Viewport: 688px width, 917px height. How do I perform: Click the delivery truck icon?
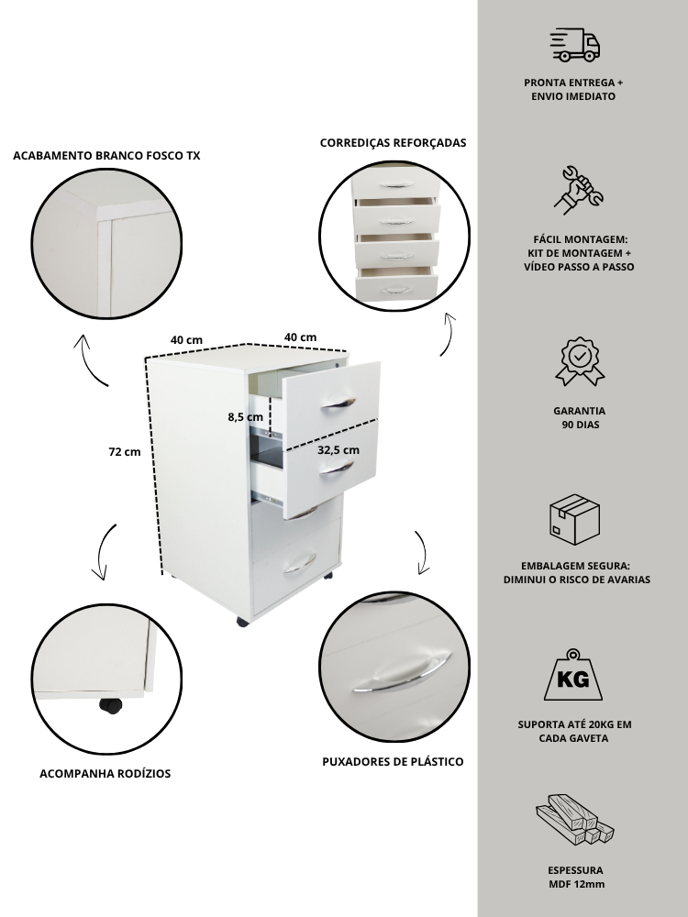point(574,44)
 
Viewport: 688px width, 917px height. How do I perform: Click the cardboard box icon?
point(574,520)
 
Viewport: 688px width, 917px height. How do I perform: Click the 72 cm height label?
point(125,452)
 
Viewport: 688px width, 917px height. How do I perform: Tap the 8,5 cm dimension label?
point(246,417)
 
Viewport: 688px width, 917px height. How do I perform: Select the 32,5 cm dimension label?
point(338,450)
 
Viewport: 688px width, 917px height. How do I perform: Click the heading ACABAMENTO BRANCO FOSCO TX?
point(106,156)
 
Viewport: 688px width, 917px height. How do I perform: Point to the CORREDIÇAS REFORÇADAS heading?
point(393,143)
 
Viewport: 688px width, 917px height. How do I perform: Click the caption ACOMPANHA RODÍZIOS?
point(105,773)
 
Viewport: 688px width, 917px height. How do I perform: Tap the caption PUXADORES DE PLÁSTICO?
point(393,761)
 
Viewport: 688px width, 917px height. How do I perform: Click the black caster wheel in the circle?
point(110,705)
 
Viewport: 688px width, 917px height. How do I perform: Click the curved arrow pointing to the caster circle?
point(104,553)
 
